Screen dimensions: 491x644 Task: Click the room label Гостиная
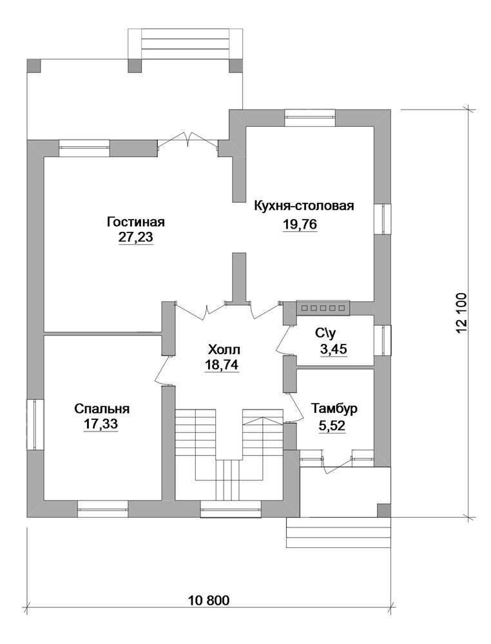135,222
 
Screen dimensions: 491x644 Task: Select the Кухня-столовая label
304,205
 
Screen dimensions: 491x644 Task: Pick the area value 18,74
222,365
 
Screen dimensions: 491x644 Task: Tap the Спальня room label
102,409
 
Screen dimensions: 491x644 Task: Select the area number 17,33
101,424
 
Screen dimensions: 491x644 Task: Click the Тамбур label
334,409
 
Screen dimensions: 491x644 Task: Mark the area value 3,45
333,350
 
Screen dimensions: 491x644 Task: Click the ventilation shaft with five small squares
323,308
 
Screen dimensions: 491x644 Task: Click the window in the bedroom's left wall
35,424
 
